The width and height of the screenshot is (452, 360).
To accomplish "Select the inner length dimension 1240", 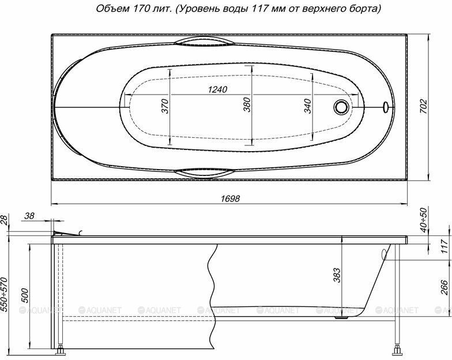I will click(x=216, y=89).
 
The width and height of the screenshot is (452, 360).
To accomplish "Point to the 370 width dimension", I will click(x=164, y=107).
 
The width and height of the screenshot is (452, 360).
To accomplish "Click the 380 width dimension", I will click(x=247, y=104).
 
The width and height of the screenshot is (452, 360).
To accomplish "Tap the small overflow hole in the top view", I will click(x=385, y=107).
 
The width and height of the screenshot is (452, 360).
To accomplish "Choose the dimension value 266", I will click(x=444, y=287).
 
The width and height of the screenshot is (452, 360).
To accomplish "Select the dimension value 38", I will click(x=30, y=216).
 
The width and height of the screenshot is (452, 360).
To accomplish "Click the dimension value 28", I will click(x=5, y=219).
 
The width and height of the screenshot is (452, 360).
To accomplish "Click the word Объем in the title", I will click(x=111, y=9).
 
